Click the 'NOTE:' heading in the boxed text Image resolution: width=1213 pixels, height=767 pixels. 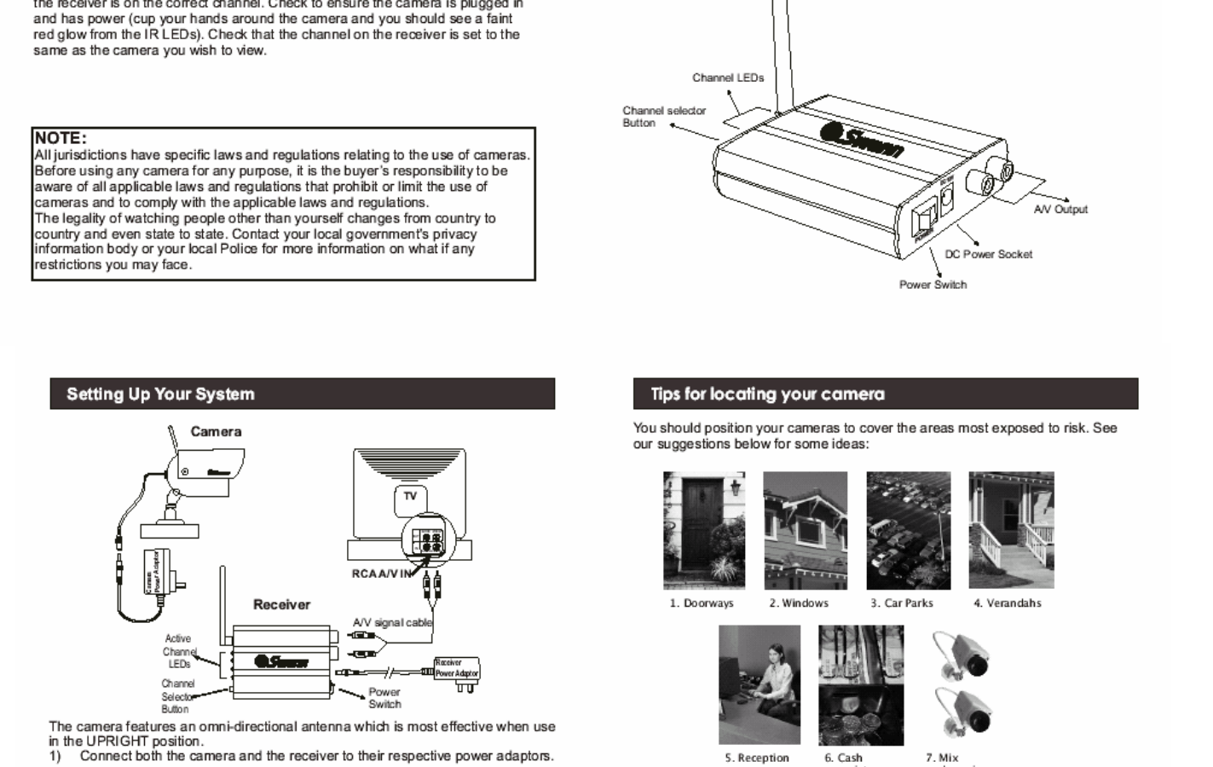[x=61, y=138]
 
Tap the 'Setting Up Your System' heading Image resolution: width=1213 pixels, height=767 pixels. [x=160, y=395]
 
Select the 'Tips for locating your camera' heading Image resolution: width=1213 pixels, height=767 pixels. [x=767, y=395]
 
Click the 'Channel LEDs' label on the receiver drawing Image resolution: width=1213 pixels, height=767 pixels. [x=728, y=78]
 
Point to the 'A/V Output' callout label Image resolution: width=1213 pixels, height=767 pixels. [x=1060, y=210]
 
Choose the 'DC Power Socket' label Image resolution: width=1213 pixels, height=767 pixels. [x=988, y=254]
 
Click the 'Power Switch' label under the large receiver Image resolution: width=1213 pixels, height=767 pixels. [x=933, y=285]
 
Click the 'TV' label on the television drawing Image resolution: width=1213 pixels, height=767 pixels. [x=410, y=496]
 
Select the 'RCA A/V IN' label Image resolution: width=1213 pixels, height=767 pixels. [x=382, y=574]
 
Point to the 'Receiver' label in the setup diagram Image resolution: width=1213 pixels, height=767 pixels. [x=281, y=605]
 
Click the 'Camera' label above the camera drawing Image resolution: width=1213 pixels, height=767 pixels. [x=216, y=432]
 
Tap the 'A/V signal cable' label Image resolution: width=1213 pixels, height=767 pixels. [x=392, y=623]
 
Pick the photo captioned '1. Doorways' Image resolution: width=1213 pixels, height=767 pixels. [x=703, y=530]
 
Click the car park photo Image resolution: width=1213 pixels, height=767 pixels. [x=908, y=530]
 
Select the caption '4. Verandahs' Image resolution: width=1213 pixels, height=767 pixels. [x=1007, y=603]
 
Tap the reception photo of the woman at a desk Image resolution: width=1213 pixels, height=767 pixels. [x=759, y=684]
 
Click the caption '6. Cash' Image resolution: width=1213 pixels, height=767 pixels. [x=843, y=758]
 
